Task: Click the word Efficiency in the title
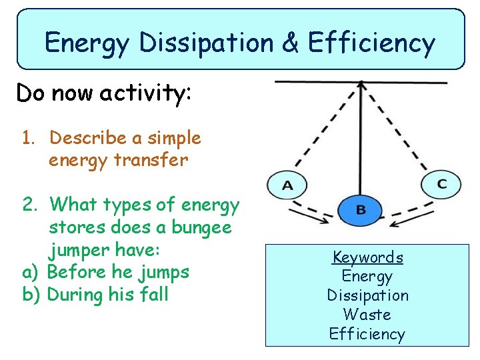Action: (x=371, y=43)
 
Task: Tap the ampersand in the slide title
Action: (x=290, y=43)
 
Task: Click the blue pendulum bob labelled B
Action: (x=361, y=210)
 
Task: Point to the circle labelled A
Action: (x=287, y=185)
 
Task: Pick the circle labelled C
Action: (x=441, y=183)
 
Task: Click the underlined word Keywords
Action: (x=368, y=257)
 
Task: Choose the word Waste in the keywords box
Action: (x=367, y=314)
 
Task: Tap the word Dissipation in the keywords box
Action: (x=367, y=295)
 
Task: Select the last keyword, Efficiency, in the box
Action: (x=367, y=333)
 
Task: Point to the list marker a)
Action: (x=31, y=272)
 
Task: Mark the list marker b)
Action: (x=31, y=294)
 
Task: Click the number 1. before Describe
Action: (x=28, y=138)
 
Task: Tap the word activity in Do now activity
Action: (x=146, y=93)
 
